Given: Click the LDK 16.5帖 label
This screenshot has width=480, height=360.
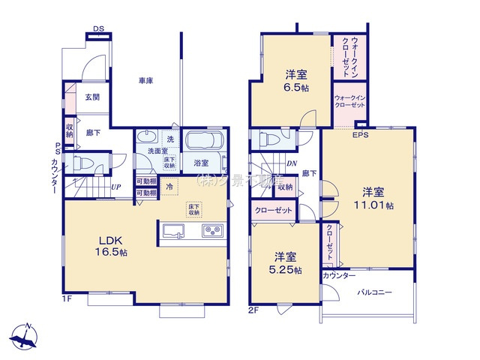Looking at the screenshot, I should click(x=110, y=247).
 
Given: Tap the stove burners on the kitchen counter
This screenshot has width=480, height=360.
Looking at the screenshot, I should click(x=211, y=230).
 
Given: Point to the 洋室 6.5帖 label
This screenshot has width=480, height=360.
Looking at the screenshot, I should click(x=293, y=81).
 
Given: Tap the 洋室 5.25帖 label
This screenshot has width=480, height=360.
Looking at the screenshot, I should click(x=287, y=264).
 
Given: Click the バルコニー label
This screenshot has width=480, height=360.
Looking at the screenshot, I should click(x=374, y=292).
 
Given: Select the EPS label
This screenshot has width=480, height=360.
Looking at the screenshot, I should click(x=361, y=136).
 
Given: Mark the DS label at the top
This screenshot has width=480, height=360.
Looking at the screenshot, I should click(x=98, y=29).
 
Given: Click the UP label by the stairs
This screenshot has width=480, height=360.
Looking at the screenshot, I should click(x=117, y=187).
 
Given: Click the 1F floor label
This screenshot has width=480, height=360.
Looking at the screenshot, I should click(x=67, y=300).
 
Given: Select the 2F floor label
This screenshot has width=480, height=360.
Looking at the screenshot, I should click(x=253, y=307).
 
